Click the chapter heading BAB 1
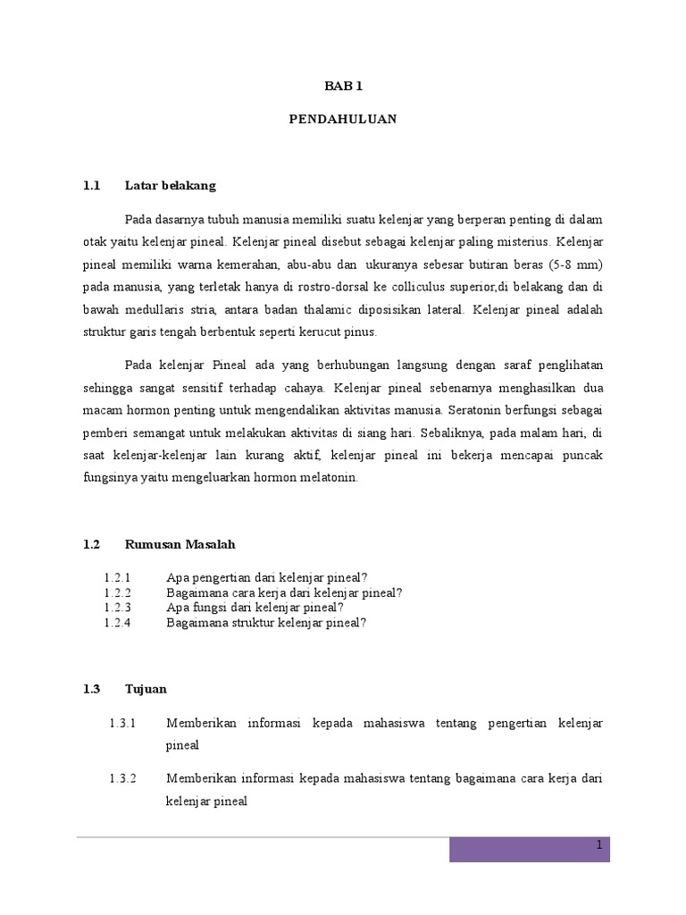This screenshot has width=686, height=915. coord(343,86)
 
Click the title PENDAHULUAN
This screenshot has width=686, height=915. coord(343,119)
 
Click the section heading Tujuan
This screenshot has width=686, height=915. coord(146,689)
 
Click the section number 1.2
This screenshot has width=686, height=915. coord(90,544)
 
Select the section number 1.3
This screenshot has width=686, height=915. coord(90,689)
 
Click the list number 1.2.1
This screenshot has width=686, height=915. coord(117,576)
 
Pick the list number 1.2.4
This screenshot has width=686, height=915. coord(117,623)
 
